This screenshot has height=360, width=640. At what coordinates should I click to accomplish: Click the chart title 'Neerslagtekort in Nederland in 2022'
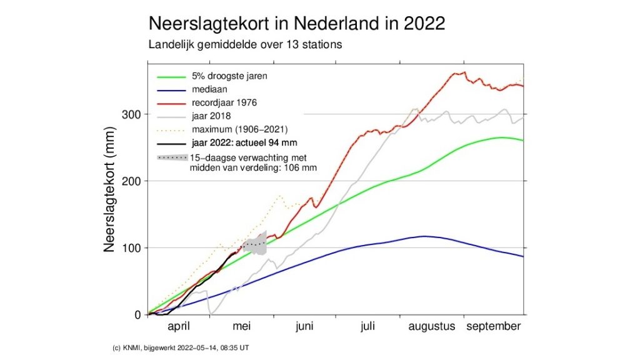296,24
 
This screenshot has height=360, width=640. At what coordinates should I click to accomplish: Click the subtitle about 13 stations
246,45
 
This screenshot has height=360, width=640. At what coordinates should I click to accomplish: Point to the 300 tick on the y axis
132,114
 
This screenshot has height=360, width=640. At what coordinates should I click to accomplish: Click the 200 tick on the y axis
132,181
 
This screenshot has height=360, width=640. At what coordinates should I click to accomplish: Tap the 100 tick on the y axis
132,248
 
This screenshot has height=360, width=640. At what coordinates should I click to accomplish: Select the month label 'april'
180,327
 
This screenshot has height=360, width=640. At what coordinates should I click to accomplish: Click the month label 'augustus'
432,327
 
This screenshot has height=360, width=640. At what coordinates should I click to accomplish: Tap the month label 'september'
494,327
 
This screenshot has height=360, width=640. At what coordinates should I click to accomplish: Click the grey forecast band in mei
256,243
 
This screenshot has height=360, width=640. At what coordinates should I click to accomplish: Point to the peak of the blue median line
424,236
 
